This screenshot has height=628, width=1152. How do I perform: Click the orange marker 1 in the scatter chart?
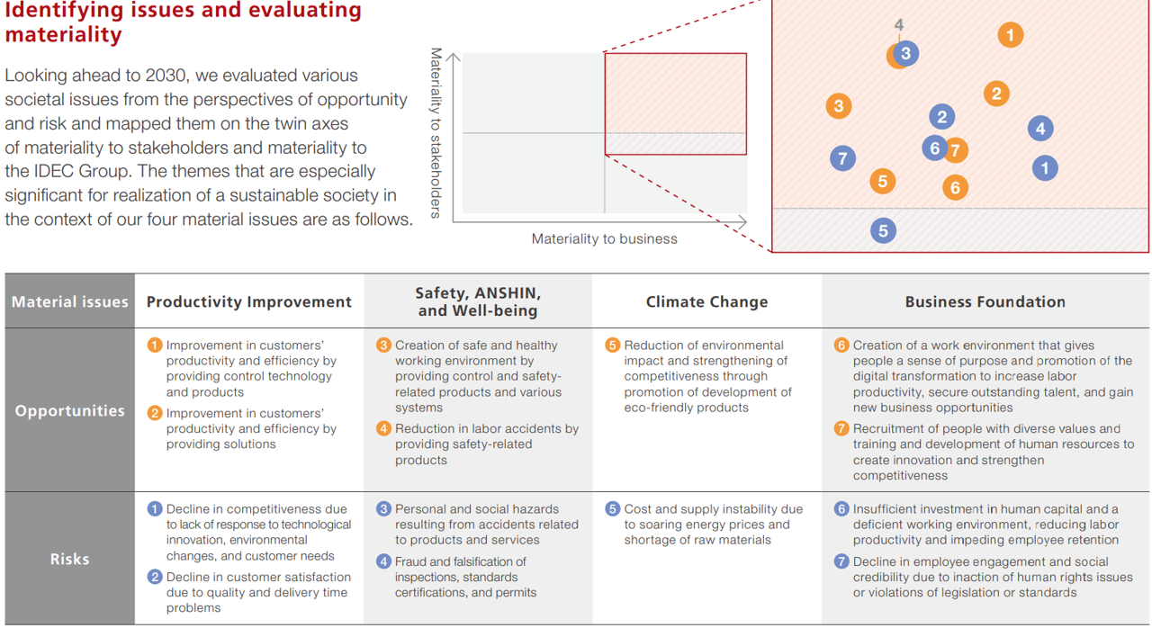(x=1010, y=35)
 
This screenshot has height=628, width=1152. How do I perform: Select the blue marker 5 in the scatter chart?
(x=883, y=230)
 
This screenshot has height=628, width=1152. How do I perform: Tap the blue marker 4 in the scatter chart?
(x=1040, y=128)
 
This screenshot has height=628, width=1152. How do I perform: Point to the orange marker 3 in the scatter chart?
(x=839, y=106)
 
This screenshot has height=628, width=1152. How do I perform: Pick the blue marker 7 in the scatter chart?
(x=842, y=159)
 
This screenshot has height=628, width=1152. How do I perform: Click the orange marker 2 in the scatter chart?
(x=995, y=93)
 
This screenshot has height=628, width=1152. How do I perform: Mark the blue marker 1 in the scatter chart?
(x=1044, y=167)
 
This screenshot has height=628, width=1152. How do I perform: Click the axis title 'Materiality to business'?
(x=604, y=238)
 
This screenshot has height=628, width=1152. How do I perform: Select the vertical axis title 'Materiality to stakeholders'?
(x=436, y=132)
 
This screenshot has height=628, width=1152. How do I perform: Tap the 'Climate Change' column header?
(x=706, y=301)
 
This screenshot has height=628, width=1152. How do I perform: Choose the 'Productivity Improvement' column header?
(x=249, y=301)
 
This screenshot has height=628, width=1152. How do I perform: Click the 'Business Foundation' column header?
(x=985, y=301)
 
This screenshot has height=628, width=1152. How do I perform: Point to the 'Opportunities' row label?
(x=69, y=410)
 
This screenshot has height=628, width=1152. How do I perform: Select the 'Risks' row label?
(x=69, y=559)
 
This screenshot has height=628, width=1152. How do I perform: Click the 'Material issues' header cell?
(x=69, y=301)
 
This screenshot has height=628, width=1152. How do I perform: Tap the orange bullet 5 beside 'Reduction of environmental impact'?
(x=613, y=345)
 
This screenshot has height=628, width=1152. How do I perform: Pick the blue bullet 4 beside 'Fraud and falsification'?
(x=383, y=561)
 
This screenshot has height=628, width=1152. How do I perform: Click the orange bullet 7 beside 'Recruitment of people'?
(x=841, y=429)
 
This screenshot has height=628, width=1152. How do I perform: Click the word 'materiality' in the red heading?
(x=63, y=35)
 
